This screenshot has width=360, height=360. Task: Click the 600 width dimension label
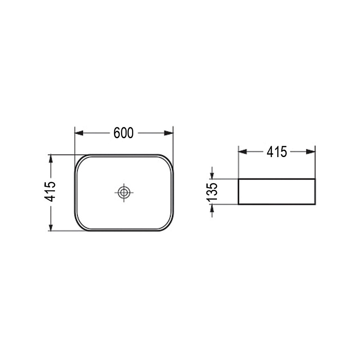pyautogui.click(x=123, y=133)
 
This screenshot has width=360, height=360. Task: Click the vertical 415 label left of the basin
pyautogui.click(x=50, y=192)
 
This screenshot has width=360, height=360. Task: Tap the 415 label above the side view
pyautogui.click(x=277, y=152)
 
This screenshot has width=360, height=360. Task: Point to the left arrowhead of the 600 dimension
pyautogui.click(x=79, y=133)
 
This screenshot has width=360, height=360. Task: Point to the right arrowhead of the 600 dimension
pyautogui.click(x=169, y=133)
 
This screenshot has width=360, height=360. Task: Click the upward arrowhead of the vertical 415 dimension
pyautogui.click(x=51, y=159)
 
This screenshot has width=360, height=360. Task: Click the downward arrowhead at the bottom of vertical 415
pyautogui.click(x=51, y=227)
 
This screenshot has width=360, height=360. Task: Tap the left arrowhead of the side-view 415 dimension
pyautogui.click(x=243, y=152)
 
